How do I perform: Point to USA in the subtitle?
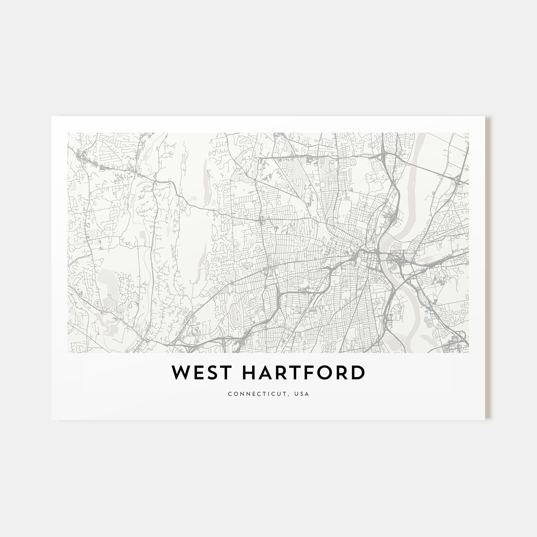tap(303, 394)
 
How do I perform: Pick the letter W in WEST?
tap(181, 373)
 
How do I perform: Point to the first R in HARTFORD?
tap(280, 373)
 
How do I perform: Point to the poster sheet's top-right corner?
tap(485, 117)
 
